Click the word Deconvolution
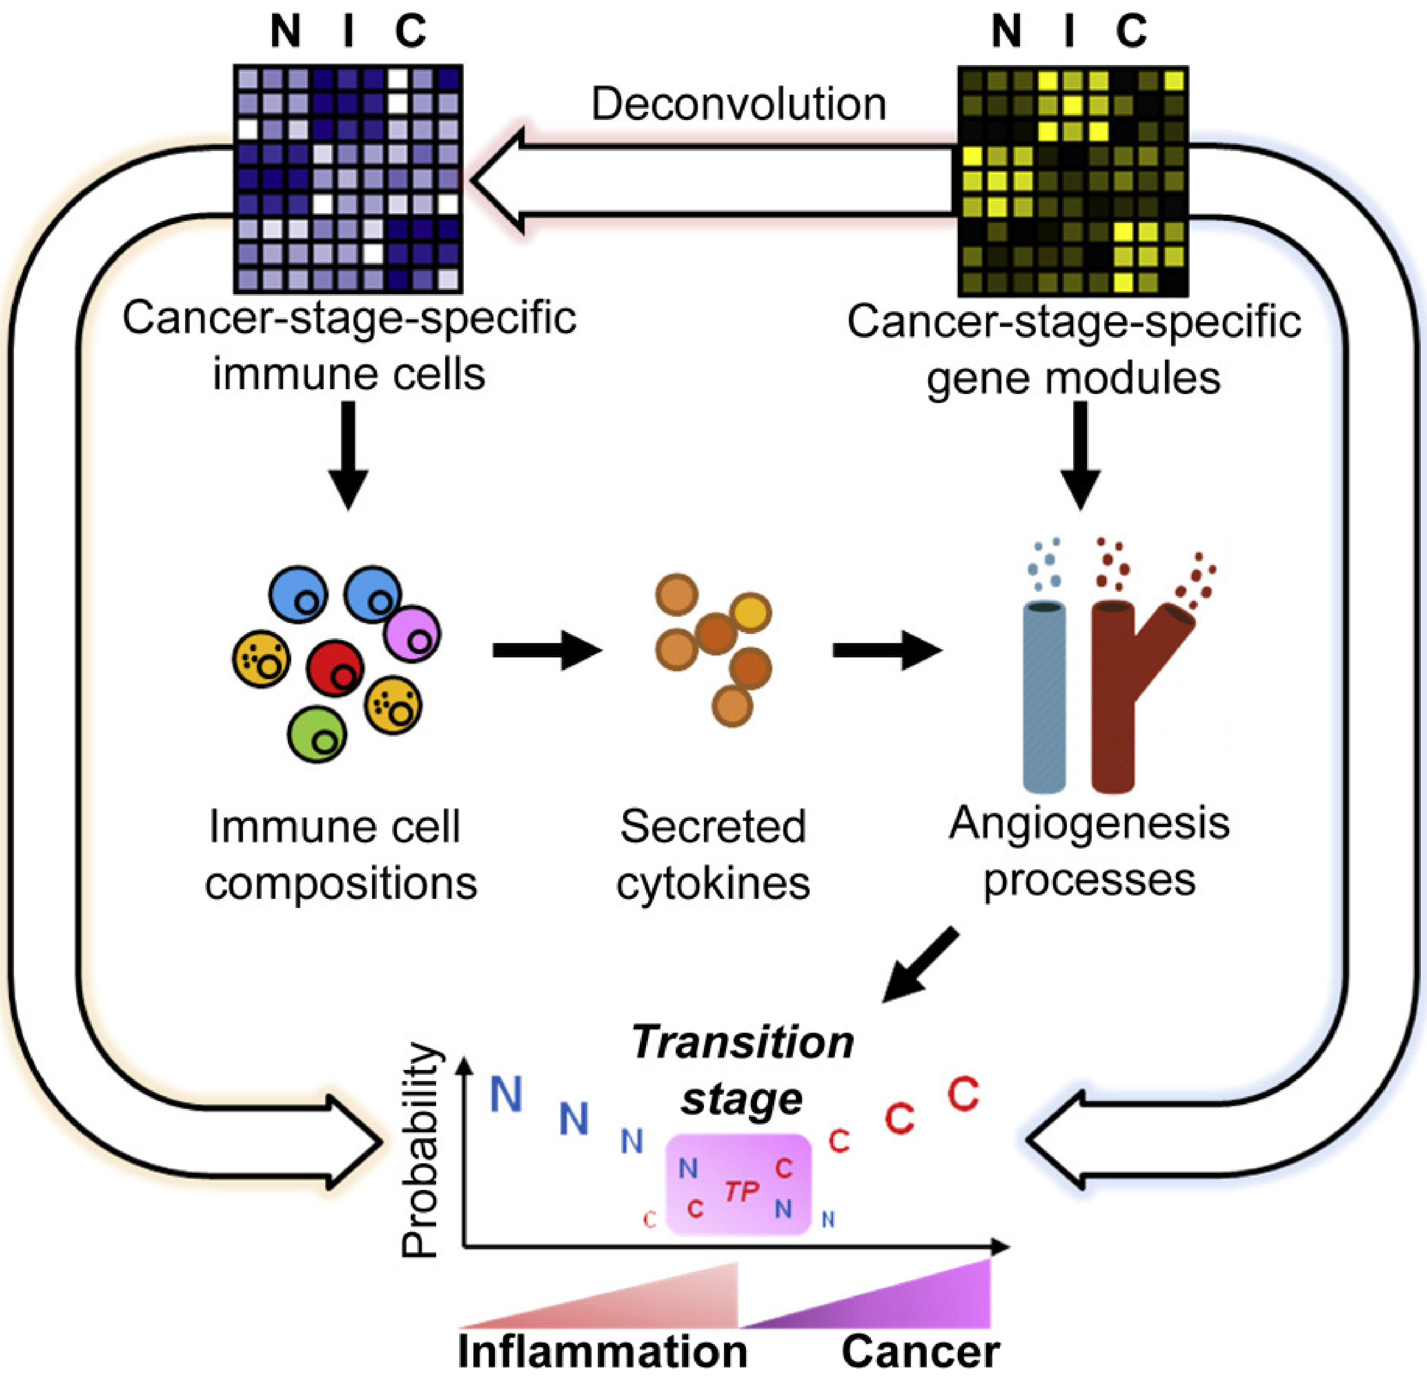738,104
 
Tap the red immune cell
334,667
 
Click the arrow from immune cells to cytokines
547,649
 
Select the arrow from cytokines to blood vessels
887,649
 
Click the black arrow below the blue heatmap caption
348,455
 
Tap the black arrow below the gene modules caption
1080,455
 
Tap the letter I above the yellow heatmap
1069,31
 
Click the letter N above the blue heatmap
285,31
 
